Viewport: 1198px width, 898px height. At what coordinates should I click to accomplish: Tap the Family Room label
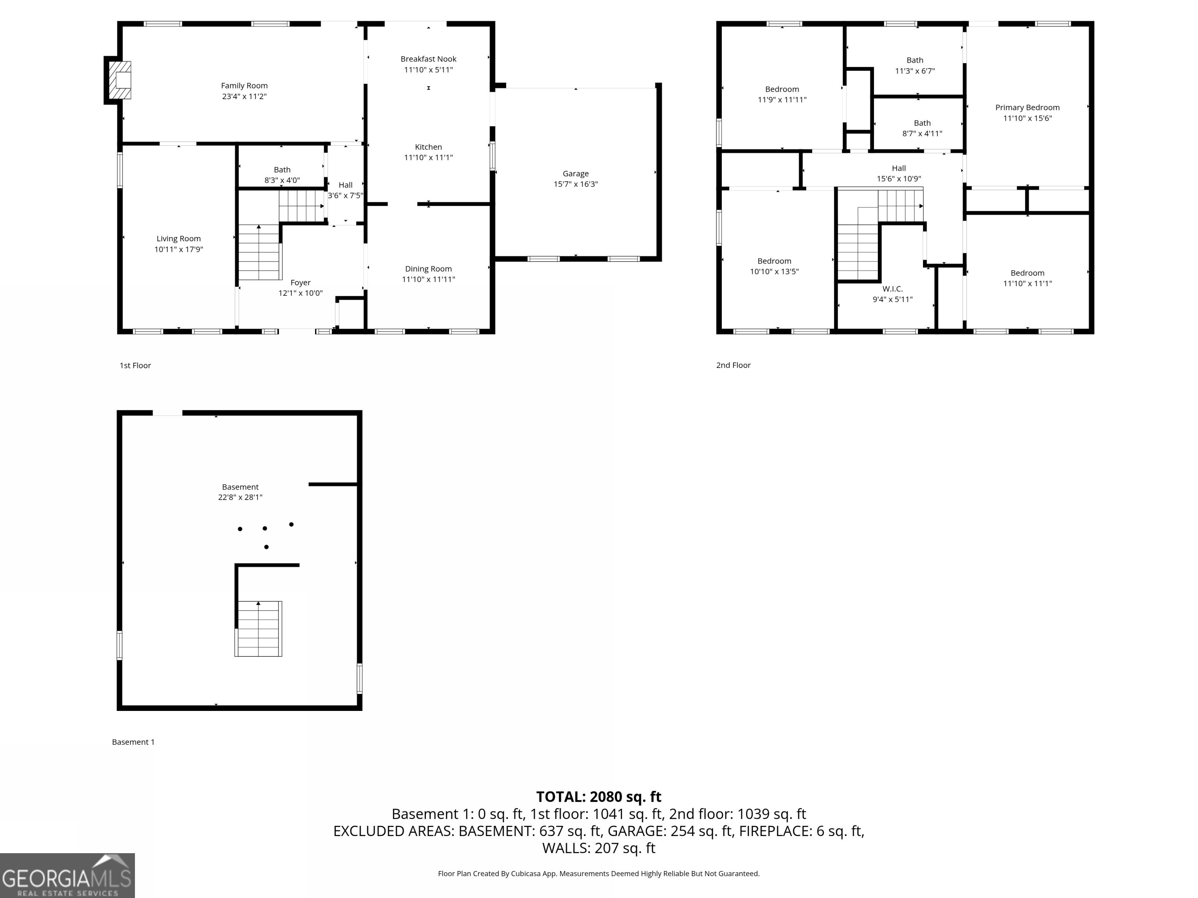coord(244,85)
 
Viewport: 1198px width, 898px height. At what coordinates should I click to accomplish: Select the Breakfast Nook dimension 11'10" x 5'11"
coord(429,70)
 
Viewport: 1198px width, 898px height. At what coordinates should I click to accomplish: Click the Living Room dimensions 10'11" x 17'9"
coord(179,249)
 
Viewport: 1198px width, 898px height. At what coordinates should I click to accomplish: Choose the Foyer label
coord(301,283)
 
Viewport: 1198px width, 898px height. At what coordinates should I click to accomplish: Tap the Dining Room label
coord(429,269)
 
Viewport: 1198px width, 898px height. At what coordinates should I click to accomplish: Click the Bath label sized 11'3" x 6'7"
coord(915,60)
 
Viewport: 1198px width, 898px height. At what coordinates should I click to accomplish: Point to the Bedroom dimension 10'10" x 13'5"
coord(774,272)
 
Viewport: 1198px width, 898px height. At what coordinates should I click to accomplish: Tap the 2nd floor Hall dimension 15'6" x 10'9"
coord(899,179)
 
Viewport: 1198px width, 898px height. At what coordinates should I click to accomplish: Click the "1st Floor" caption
coord(135,365)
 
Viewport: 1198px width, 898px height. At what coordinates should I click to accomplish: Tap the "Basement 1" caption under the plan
coord(133,742)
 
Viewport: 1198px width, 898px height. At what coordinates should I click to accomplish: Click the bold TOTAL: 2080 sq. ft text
coord(599,797)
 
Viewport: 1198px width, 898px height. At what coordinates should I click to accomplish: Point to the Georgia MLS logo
coord(67,875)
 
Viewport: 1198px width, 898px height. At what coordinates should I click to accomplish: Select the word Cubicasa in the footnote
coord(526,874)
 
